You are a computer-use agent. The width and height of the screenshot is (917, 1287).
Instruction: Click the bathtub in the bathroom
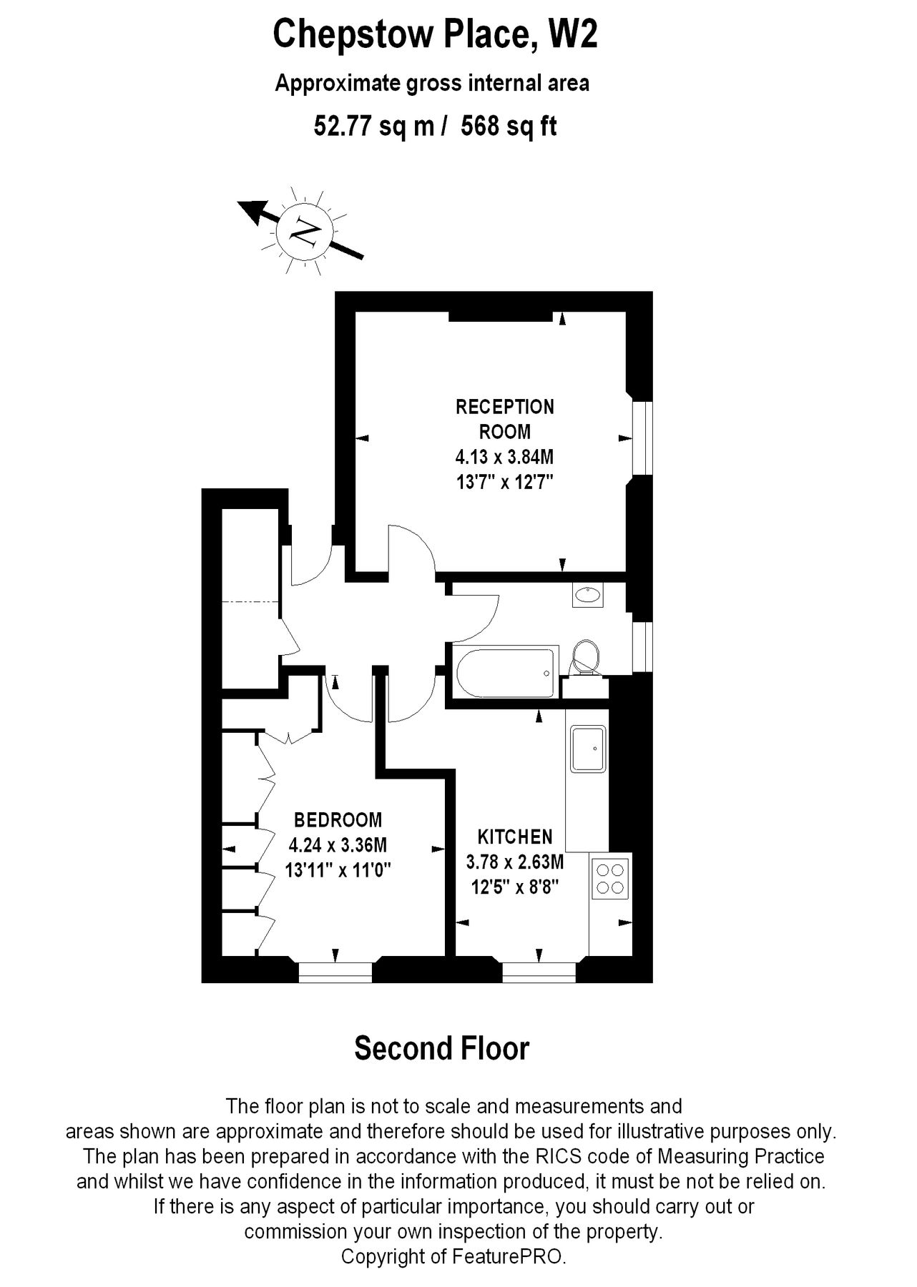point(504,673)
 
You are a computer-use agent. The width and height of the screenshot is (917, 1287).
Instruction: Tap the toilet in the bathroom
point(587,656)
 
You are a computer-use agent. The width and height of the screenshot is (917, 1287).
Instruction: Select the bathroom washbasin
point(588,595)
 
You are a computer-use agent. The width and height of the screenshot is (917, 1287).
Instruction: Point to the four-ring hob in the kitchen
point(610,879)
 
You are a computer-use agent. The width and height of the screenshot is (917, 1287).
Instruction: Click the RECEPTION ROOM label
point(505,419)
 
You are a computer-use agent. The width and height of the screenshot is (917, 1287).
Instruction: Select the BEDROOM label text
point(338,819)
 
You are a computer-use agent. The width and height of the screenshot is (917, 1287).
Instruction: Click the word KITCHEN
point(515,837)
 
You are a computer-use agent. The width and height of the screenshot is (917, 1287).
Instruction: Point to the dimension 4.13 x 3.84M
point(505,456)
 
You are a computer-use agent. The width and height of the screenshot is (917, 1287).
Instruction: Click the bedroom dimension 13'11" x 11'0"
point(338,870)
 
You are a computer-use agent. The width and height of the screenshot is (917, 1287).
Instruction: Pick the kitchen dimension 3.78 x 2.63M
point(515,862)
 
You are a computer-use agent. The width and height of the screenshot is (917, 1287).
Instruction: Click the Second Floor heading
point(442,1048)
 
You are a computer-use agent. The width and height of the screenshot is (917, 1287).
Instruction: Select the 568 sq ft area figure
point(509,127)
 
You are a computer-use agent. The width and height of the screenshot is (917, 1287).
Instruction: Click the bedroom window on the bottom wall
point(335,971)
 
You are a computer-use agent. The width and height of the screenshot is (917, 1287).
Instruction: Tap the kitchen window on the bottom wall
point(539,971)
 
